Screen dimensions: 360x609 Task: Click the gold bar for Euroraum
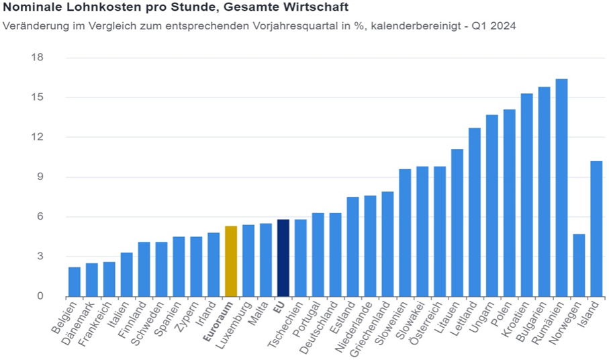pyautogui.click(x=230, y=261)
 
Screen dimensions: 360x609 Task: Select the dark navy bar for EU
pyautogui.click(x=283, y=258)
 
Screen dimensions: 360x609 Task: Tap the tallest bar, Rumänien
pyautogui.click(x=561, y=188)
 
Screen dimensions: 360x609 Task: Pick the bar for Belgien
pyautogui.click(x=74, y=282)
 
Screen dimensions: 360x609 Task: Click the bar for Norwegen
pyautogui.click(x=579, y=265)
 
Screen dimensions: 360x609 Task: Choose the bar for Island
pyautogui.click(x=596, y=229)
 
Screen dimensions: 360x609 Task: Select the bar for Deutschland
pyautogui.click(x=335, y=255)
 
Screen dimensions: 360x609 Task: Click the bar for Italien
pyautogui.click(x=126, y=275)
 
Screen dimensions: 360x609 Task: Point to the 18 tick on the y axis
pyautogui.click(x=37, y=57)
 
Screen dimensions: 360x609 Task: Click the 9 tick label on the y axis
pyautogui.click(x=40, y=177)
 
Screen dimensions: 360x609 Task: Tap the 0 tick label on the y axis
pyautogui.click(x=40, y=296)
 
